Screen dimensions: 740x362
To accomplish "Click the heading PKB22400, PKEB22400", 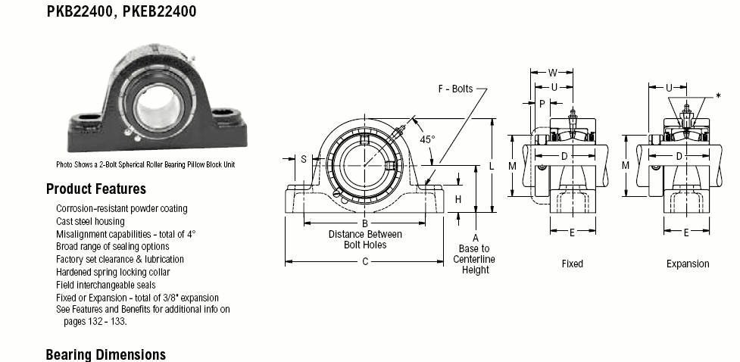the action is pyautogui.click(x=121, y=11).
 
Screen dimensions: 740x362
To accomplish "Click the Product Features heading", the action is pyautogui.click(x=95, y=189).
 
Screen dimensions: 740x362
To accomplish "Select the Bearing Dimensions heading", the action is pyautogui.click(x=106, y=354).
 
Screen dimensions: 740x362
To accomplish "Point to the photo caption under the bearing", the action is pyautogui.click(x=145, y=164).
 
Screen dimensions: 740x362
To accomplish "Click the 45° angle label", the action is pyautogui.click(x=428, y=139).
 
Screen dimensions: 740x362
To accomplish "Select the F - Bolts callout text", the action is pyautogui.click(x=455, y=89).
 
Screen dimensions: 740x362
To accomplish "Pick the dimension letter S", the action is pyautogui.click(x=304, y=159).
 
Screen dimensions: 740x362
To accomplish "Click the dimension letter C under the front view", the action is pyautogui.click(x=365, y=261).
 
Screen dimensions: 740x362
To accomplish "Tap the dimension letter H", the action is pyautogui.click(x=457, y=200).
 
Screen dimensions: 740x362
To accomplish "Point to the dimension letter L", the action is pyautogui.click(x=492, y=166).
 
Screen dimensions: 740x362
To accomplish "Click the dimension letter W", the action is pyautogui.click(x=552, y=73).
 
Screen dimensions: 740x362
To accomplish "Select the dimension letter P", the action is pyautogui.click(x=542, y=103).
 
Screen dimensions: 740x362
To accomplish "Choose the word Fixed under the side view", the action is pyautogui.click(x=572, y=264).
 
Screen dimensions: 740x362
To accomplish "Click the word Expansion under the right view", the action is pyautogui.click(x=688, y=264).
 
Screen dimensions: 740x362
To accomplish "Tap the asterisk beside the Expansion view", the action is pyautogui.click(x=718, y=96).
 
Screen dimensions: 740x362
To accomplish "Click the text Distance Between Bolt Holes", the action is pyautogui.click(x=365, y=239).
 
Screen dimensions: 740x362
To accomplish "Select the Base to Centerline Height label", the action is pyautogui.click(x=474, y=259).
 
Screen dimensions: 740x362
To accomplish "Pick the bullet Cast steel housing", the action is pyautogui.click(x=90, y=221).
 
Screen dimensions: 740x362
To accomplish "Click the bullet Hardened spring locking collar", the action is pyautogui.click(x=113, y=273).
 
